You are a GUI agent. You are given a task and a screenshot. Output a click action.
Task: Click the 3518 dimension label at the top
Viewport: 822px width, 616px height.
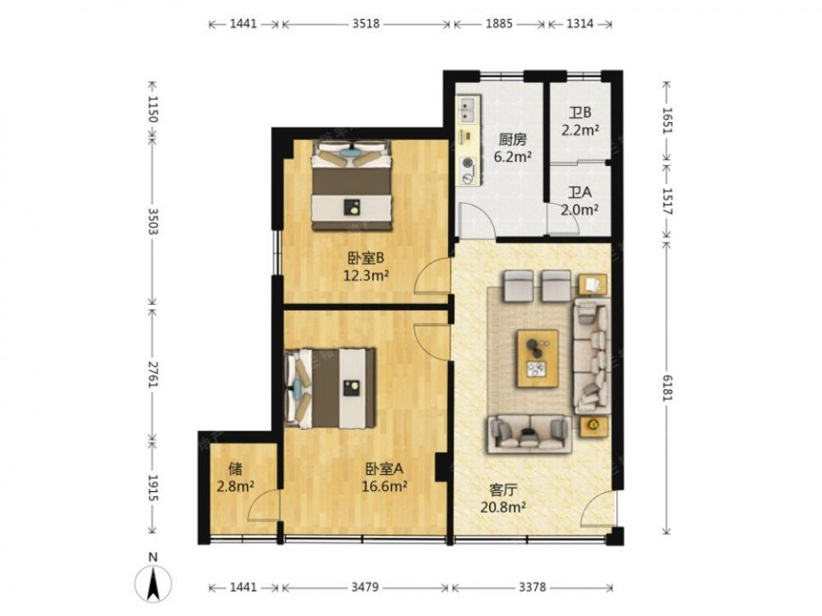point(366,24)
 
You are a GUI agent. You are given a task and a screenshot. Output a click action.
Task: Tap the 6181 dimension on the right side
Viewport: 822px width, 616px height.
point(667,388)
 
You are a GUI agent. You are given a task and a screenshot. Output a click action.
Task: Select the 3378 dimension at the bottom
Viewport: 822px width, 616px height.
point(532,587)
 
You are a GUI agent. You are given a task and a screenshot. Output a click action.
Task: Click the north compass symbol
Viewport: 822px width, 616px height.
point(153,579)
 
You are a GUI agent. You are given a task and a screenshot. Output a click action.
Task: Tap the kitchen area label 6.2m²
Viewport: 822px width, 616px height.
point(513,156)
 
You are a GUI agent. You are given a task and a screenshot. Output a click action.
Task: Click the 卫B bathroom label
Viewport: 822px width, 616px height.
point(580,113)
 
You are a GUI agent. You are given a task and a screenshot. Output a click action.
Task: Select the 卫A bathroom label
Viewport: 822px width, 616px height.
point(580,192)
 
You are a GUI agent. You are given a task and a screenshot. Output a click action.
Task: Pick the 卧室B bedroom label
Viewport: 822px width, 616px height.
point(366,258)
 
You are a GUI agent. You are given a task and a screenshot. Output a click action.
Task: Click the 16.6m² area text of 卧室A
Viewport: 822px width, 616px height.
point(385,486)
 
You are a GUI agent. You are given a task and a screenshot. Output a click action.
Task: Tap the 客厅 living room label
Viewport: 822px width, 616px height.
point(503,490)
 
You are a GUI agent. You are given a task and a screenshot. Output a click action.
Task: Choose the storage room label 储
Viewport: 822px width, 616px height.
point(235,468)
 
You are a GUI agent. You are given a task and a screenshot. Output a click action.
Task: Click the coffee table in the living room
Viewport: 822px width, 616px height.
point(538,358)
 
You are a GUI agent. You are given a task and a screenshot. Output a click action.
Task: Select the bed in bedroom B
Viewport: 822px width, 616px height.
point(352,185)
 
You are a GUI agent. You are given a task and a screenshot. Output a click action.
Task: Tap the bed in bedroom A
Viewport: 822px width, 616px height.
point(330,388)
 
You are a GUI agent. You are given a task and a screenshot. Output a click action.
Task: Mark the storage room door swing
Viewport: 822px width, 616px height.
point(264,503)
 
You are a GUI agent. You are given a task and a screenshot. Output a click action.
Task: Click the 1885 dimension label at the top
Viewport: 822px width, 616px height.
point(499,24)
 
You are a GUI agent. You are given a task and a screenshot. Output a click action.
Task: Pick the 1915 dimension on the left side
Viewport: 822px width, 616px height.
point(153,488)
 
